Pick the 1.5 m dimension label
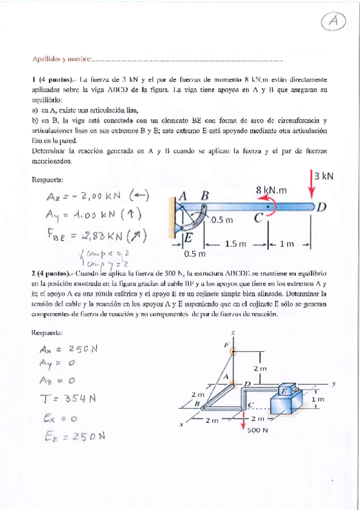(x=236, y=244)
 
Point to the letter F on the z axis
(x=227, y=345)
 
